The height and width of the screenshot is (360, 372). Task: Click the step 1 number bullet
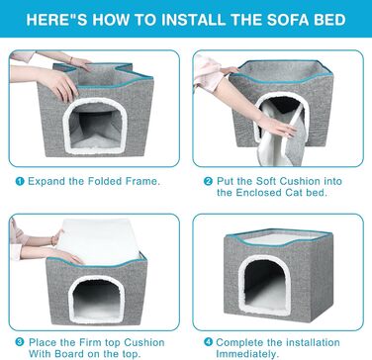tap(20, 182)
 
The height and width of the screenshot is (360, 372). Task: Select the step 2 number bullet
tap(208, 182)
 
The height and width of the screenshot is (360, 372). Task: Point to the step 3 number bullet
tap(20, 342)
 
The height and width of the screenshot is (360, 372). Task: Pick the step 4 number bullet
tap(208, 342)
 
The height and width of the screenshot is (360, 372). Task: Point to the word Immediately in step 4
tap(245, 354)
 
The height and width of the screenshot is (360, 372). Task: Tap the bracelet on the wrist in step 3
tap(53, 239)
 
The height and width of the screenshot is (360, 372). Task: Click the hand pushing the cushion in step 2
tap(276, 127)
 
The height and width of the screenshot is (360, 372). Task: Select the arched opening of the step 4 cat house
tap(264, 285)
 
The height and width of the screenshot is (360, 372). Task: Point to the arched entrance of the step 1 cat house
tap(96, 126)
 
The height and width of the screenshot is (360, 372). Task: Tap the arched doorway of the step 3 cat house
tap(97, 299)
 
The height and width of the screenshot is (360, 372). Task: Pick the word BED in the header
tap(326, 20)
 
